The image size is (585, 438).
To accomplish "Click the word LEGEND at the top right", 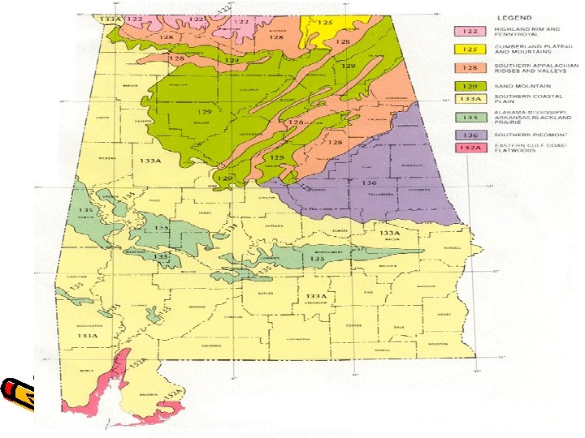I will (516, 17).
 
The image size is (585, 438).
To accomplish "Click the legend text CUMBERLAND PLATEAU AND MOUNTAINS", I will (529, 49).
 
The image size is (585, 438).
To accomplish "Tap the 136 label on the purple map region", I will (368, 183).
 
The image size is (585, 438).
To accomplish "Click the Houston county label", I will (438, 344).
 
